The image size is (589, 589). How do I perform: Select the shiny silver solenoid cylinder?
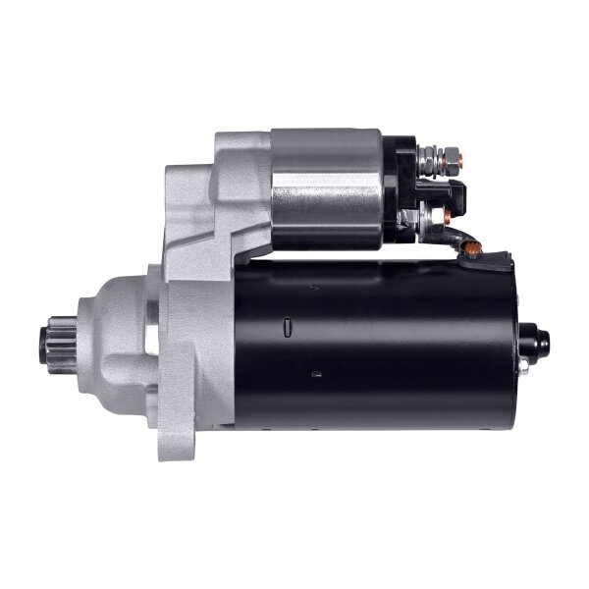[x=326, y=187]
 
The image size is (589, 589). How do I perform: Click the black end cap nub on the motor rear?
[x=534, y=343]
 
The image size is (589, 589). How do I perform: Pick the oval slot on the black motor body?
[x=286, y=327]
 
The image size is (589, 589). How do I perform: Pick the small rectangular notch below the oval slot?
[x=316, y=374]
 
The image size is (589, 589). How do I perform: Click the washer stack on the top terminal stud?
[x=428, y=157]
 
